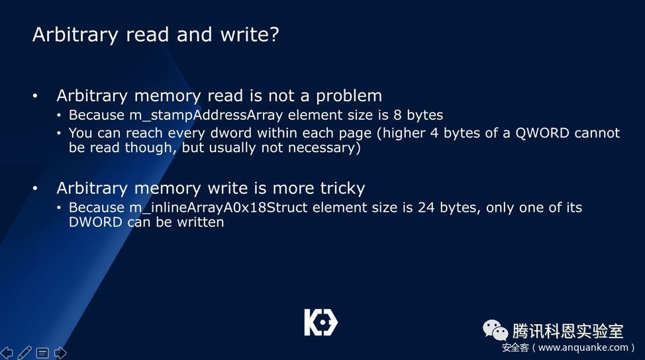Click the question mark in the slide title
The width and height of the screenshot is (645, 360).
pyautogui.click(x=274, y=34)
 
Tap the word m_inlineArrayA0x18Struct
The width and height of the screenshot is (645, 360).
pyautogui.click(x=219, y=208)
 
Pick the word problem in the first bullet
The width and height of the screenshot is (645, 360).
pyautogui.click(x=349, y=96)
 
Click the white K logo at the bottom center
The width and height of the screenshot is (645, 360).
pyautogui.click(x=321, y=322)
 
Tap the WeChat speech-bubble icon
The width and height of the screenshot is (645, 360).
pyautogui.click(x=495, y=330)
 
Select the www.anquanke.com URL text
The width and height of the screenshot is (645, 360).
pyautogui.click(x=583, y=347)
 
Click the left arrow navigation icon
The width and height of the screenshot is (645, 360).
pyautogui.click(x=7, y=353)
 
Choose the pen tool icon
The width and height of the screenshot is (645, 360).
pyautogui.click(x=25, y=353)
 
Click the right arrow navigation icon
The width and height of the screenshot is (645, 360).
pyautogui.click(x=60, y=353)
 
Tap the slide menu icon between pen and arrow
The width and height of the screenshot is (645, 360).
pyautogui.click(x=42, y=353)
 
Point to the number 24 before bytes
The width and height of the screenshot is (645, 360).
pyautogui.click(x=426, y=208)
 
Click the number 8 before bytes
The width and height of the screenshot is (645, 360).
pyautogui.click(x=397, y=115)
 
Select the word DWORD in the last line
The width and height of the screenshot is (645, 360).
pyautogui.click(x=95, y=222)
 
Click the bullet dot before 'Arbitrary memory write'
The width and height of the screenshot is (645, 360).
pyautogui.click(x=35, y=189)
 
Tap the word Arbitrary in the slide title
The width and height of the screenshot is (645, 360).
pyautogui.click(x=75, y=35)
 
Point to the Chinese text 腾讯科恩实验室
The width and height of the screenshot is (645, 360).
pyautogui.click(x=568, y=331)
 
